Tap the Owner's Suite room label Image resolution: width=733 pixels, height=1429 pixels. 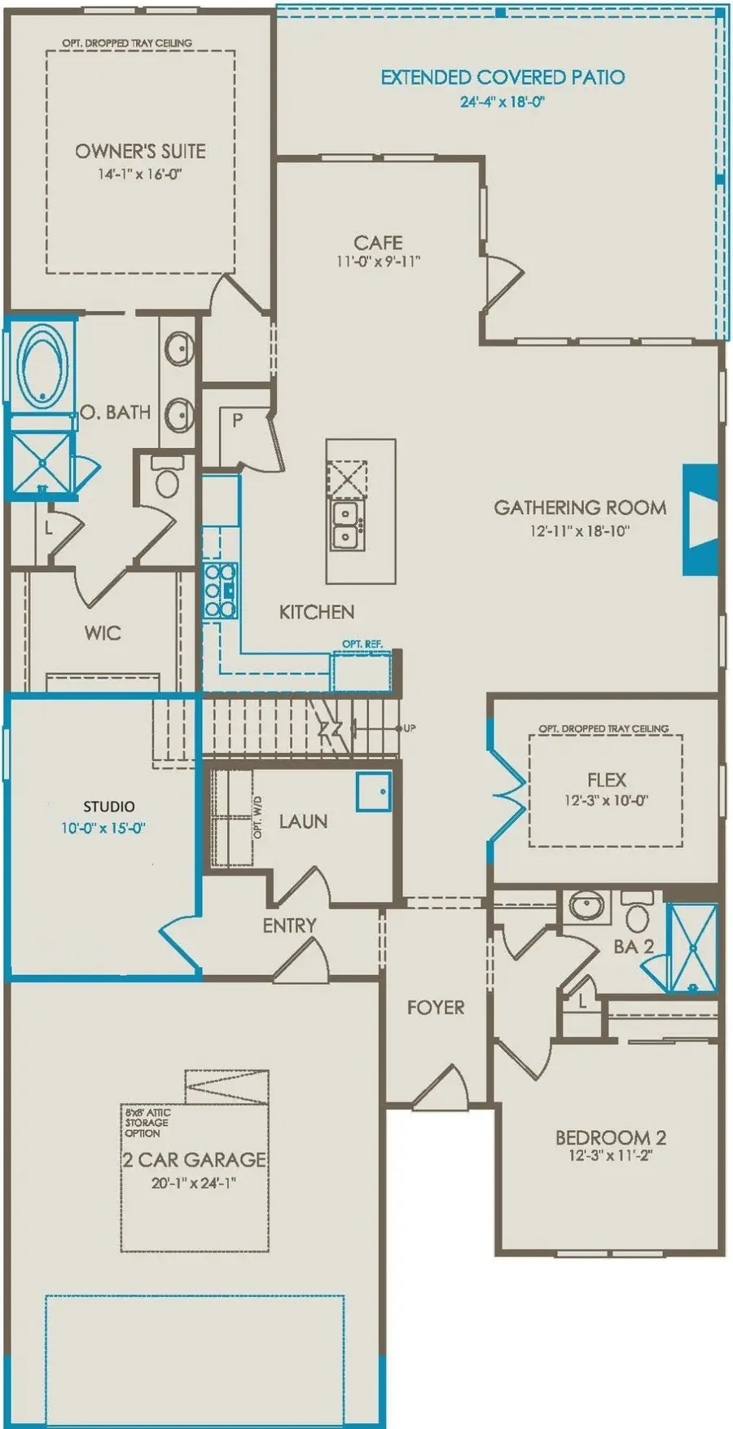pyautogui.click(x=140, y=151)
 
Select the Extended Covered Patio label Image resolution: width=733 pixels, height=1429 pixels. pyautogui.click(x=503, y=77)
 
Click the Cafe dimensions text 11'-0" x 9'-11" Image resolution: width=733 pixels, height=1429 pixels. pyautogui.click(x=378, y=262)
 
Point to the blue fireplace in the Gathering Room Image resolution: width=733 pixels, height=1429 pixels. pyautogui.click(x=700, y=520)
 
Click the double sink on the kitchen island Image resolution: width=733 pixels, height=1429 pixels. pyautogui.click(x=346, y=525)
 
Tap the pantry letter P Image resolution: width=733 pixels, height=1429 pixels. pyautogui.click(x=237, y=420)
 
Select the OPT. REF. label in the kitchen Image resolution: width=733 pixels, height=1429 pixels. pyautogui.click(x=362, y=644)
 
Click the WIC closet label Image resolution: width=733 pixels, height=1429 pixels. pyautogui.click(x=103, y=633)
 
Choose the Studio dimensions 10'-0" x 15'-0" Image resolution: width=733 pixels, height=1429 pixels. pyautogui.click(x=103, y=828)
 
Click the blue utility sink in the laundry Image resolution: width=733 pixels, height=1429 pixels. pyautogui.click(x=374, y=791)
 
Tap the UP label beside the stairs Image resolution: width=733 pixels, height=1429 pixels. pyautogui.click(x=409, y=728)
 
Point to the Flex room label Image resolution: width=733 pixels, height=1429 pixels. pyautogui.click(x=607, y=780)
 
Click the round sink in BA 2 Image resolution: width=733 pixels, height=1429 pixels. pyautogui.click(x=585, y=906)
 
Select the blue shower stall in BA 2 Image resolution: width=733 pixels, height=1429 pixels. pyautogui.click(x=692, y=948)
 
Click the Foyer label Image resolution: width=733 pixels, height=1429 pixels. pyautogui.click(x=436, y=1008)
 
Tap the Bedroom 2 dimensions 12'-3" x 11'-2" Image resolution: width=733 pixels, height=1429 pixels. pyautogui.click(x=610, y=1155)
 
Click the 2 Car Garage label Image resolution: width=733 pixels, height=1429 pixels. pyautogui.click(x=195, y=1159)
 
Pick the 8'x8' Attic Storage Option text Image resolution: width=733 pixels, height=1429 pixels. pyautogui.click(x=147, y=1123)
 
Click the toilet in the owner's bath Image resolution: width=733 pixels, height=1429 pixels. pyautogui.click(x=166, y=479)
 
